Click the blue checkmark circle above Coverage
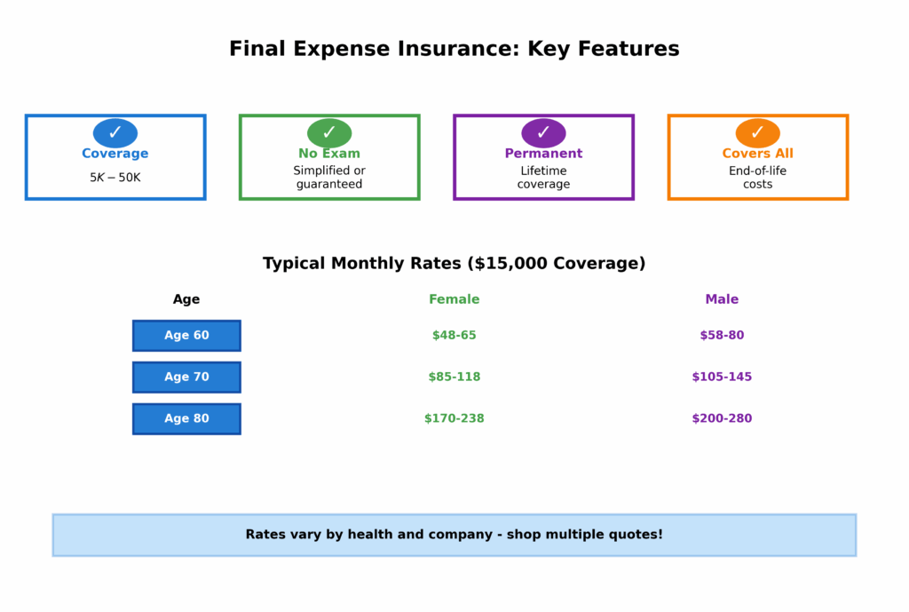[115, 133]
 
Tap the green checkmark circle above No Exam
[329, 133]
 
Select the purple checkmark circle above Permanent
[543, 133]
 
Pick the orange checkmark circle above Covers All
[757, 133]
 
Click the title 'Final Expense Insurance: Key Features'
[454, 49]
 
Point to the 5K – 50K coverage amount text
[115, 178]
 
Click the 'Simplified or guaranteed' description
[329, 178]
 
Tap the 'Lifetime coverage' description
[543, 178]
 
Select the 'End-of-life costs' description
[757, 178]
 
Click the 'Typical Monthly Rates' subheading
[454, 264]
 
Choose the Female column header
[454, 299]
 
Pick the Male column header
[722, 299]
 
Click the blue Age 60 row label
[186, 336]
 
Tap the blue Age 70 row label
[186, 377]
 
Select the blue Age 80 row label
[186, 418]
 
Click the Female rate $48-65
[454, 336]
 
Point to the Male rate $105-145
[722, 377]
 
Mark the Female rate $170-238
[454, 418]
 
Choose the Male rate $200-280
[722, 418]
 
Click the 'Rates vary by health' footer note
[454, 535]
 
